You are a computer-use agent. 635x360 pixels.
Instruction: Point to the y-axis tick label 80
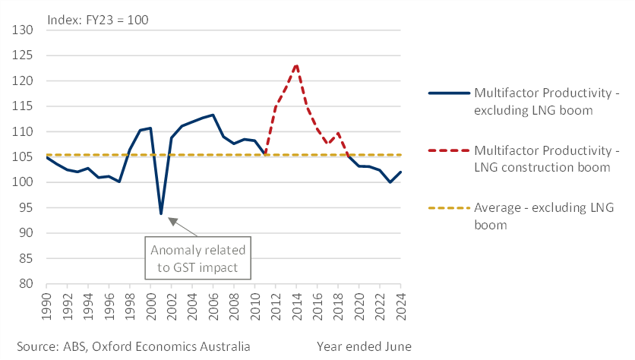click(x=27, y=284)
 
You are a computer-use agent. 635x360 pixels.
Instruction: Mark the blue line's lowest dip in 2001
click(x=161, y=213)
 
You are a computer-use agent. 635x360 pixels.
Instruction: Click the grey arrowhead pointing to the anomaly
click(x=172, y=221)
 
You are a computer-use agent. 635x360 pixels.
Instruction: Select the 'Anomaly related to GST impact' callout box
click(x=199, y=258)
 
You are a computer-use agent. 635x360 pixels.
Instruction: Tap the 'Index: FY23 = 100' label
click(x=97, y=20)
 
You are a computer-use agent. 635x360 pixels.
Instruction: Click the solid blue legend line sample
click(x=447, y=93)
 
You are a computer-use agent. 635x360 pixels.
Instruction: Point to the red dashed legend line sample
click(x=447, y=150)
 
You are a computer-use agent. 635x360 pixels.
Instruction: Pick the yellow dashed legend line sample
click(x=447, y=208)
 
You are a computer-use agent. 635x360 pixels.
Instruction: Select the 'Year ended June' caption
click(x=364, y=346)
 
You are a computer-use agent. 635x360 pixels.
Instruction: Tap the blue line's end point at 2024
click(x=400, y=172)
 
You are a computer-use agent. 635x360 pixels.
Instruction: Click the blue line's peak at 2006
click(x=213, y=115)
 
